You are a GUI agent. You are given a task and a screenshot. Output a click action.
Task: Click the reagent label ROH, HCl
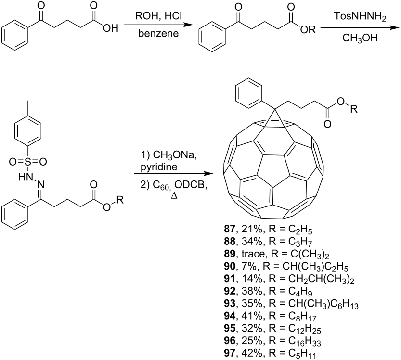[x=158, y=16]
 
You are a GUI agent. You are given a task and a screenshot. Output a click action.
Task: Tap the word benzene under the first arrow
[x=158, y=34]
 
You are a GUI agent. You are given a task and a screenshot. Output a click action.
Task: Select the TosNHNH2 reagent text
[x=360, y=17]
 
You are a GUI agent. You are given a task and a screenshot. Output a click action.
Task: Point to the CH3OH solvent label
[x=360, y=38]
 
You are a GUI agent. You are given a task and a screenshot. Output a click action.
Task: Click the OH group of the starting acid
[x=111, y=28]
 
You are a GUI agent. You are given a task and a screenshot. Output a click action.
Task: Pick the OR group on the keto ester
[x=308, y=30]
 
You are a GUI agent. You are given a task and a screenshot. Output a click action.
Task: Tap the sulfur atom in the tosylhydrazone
[x=27, y=162]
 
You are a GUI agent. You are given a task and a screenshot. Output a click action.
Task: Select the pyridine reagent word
[x=159, y=167]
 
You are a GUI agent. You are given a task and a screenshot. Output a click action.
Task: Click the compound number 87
[x=230, y=229]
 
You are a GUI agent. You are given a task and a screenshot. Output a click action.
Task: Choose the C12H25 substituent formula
[x=305, y=329]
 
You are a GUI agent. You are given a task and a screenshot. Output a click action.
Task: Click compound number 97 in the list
[x=230, y=353]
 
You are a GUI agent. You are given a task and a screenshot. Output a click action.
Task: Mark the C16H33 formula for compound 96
[x=305, y=342]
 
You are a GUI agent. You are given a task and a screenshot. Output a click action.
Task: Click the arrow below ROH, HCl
[x=158, y=25]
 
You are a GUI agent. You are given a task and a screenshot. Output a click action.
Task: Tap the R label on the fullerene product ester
[x=354, y=109]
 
